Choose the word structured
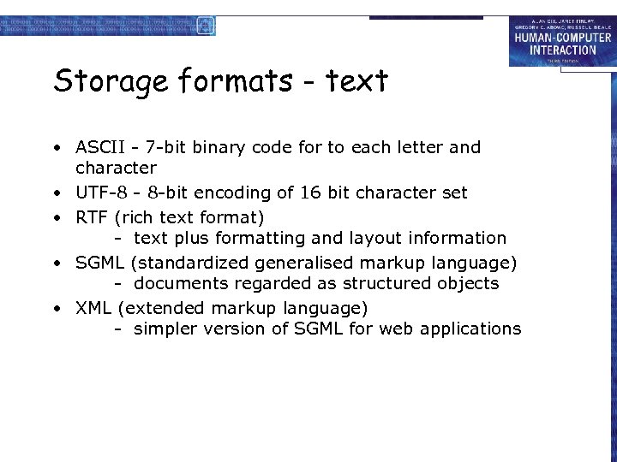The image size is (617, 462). point(398,283)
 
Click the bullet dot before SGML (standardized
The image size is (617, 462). point(54,262)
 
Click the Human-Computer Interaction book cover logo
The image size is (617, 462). point(561,41)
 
